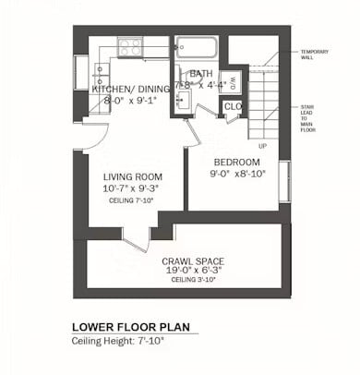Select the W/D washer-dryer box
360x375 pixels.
(x=234, y=80)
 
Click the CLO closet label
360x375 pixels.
(x=233, y=106)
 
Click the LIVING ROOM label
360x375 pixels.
(x=133, y=176)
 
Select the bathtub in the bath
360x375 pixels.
(x=197, y=47)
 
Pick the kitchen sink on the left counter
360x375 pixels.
(x=99, y=82)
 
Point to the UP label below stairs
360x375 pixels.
(x=263, y=146)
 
